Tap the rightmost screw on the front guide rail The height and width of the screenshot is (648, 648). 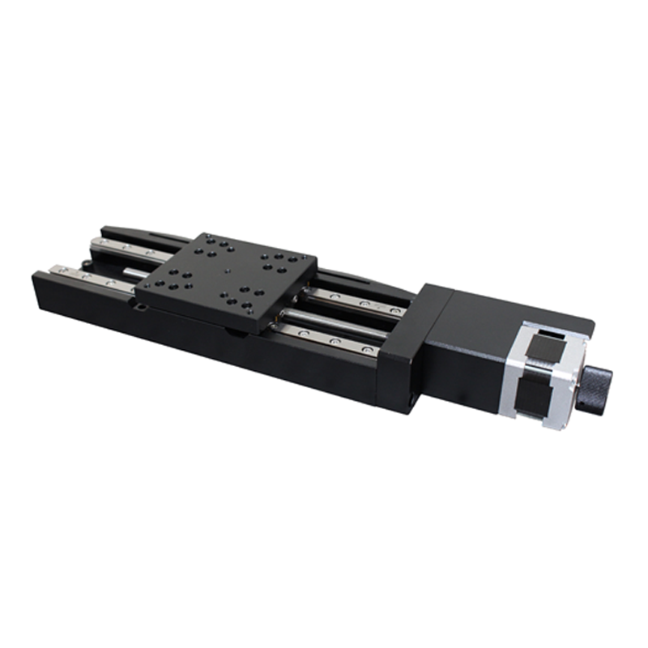pyautogui.click(x=369, y=347)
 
